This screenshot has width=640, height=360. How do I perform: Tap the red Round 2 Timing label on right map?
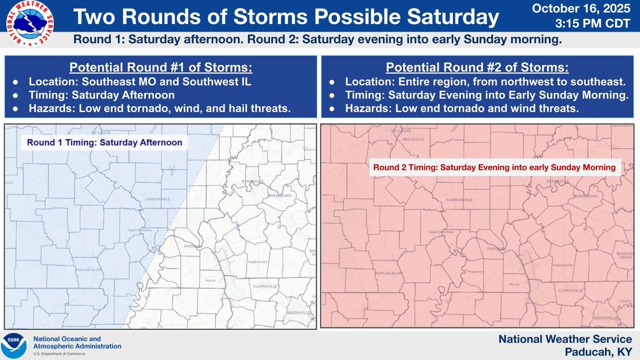coord(494,167)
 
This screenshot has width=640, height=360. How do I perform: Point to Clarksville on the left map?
coord(266,286)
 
